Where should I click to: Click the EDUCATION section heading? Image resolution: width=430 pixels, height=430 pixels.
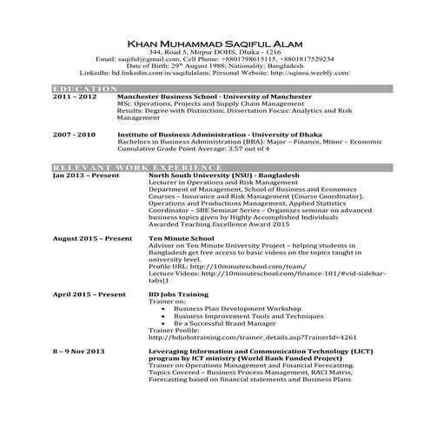point(80,89)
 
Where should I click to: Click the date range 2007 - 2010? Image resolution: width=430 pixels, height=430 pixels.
point(74,136)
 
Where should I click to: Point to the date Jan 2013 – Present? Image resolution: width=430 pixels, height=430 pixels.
point(84,175)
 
